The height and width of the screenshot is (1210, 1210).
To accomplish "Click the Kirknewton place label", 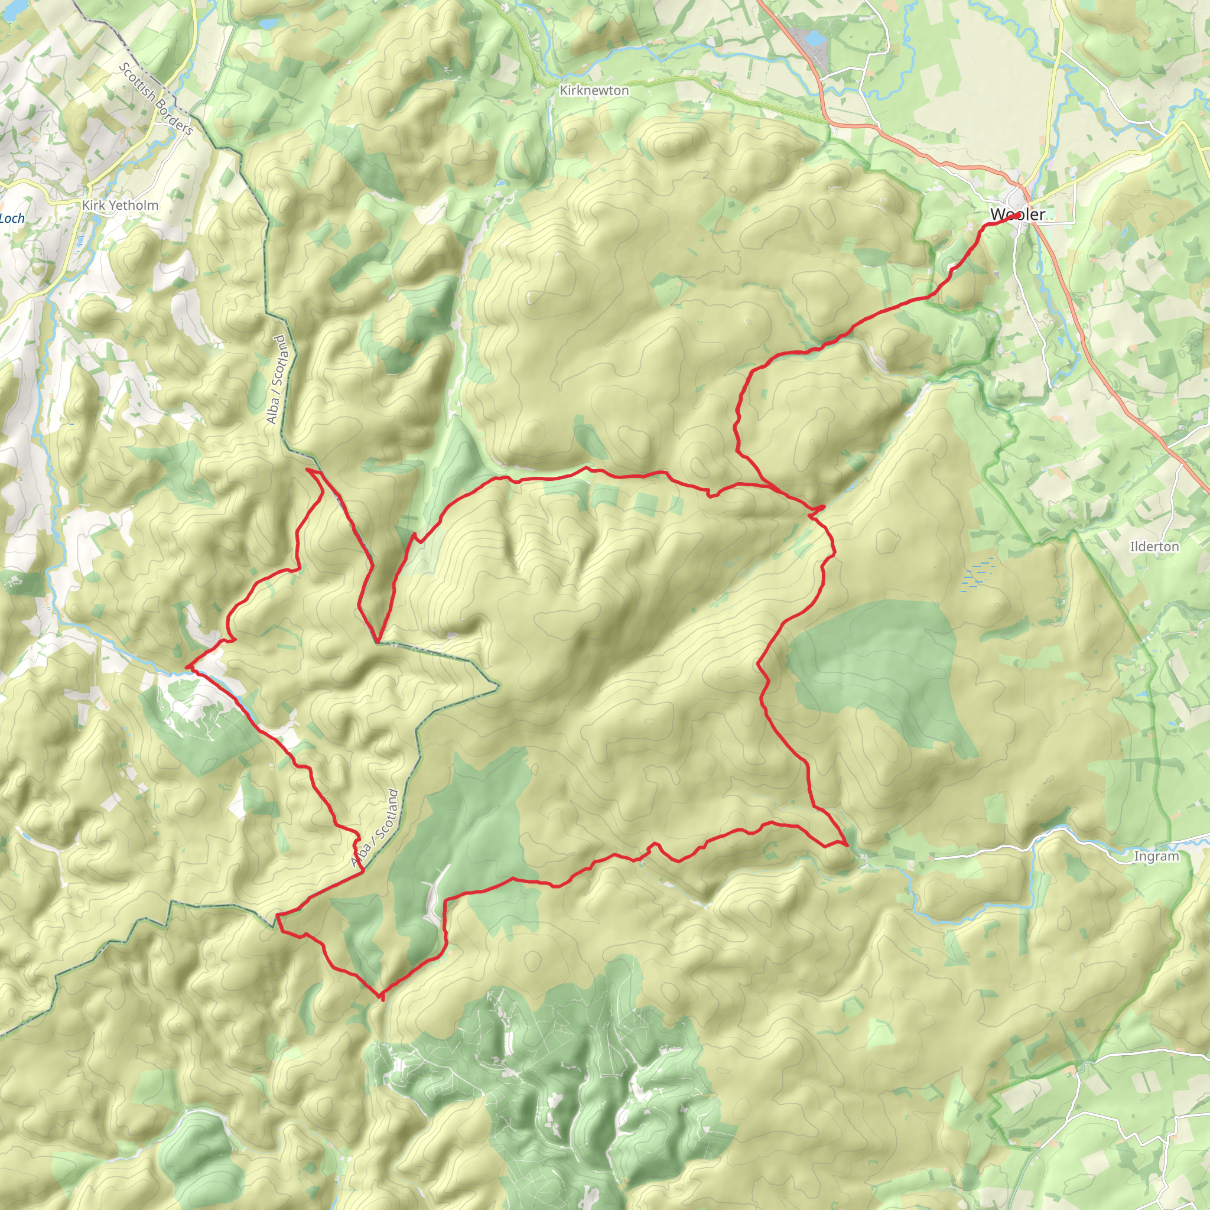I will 594,91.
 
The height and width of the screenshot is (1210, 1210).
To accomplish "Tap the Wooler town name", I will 1017,215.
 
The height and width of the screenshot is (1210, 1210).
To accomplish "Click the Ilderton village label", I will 1154,547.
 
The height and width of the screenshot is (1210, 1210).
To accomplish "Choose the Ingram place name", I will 1156,856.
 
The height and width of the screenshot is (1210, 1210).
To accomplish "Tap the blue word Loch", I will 12,219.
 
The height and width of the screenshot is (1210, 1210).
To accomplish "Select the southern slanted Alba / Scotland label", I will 376,828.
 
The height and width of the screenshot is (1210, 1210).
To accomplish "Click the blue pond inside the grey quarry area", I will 815,39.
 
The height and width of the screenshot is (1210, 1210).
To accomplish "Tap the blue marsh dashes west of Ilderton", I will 977,573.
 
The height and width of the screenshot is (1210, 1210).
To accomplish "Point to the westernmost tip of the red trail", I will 187,668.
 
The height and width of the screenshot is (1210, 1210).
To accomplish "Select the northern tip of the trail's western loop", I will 308,469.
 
